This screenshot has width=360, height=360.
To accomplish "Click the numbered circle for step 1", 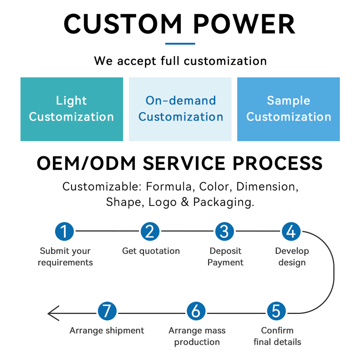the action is pyautogui.click(x=64, y=231).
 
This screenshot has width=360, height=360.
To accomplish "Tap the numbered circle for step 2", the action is pyautogui.click(x=150, y=231).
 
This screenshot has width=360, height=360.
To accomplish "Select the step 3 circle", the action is pyautogui.click(x=225, y=231).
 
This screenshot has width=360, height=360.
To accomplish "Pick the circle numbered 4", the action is pyautogui.click(x=291, y=231).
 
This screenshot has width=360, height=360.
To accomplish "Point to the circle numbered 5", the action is pyautogui.click(x=276, y=311).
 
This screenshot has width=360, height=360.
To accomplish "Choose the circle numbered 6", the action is pyautogui.click(x=196, y=311).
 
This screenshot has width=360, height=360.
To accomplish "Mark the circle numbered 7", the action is pyautogui.click(x=107, y=311).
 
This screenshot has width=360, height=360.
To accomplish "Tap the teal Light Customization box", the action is pyautogui.click(x=72, y=109).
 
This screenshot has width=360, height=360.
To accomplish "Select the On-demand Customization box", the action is pyautogui.click(x=180, y=109).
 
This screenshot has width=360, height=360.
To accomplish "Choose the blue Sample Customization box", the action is pyautogui.click(x=288, y=109).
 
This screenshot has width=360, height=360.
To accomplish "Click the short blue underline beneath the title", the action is pyautogui.click(x=180, y=43).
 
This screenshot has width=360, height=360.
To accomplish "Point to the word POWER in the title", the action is pyautogui.click(x=244, y=24).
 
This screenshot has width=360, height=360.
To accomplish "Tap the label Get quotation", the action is pyautogui.click(x=151, y=251).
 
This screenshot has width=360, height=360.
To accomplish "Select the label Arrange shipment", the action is pyautogui.click(x=107, y=331).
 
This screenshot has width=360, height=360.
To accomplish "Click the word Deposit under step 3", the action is pyautogui.click(x=225, y=251).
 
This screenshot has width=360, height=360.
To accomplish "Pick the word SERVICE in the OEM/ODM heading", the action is pyautogui.click(x=184, y=163).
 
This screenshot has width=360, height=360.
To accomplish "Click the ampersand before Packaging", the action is pyautogui.click(x=185, y=202).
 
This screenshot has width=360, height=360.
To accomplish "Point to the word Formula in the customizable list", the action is pyautogui.click(x=169, y=186).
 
